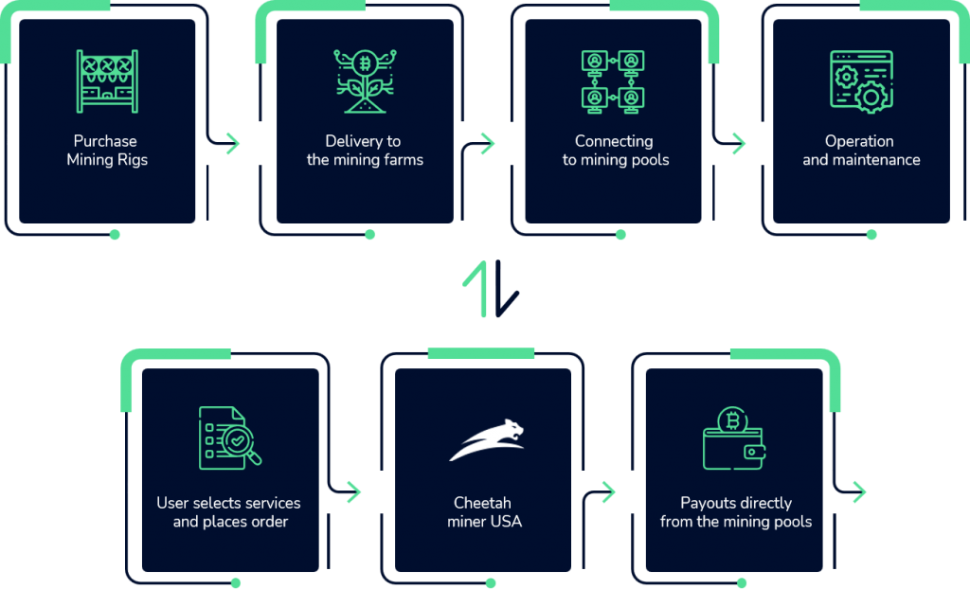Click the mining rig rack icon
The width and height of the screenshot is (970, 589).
point(107,80)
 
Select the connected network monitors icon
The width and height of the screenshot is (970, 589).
point(612,81)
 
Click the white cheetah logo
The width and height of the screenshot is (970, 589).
point(486,441)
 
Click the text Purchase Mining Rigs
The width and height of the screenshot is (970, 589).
point(107,151)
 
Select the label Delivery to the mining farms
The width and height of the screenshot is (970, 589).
point(365,151)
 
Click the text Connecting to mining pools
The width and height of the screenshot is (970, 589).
point(615,151)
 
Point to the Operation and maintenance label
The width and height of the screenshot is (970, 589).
point(860,151)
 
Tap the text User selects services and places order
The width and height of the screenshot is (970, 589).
point(229,512)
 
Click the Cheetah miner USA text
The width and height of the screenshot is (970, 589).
point(484,512)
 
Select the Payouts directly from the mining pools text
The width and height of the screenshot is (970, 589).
point(735,512)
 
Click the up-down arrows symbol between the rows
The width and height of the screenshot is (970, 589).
point(490,290)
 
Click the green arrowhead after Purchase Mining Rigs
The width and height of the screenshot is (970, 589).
point(233,144)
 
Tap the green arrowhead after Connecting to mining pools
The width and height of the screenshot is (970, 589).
point(739,144)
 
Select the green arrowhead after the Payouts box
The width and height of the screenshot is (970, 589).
point(859,491)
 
